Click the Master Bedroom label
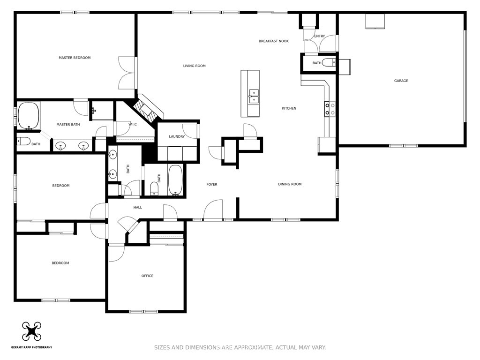[75, 58]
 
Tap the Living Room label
[195, 66]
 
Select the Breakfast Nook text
[274, 41]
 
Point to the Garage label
[401, 81]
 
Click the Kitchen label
[289, 108]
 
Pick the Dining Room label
[290, 184]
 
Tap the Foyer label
[212, 185]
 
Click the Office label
[147, 276]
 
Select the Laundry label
[177, 136]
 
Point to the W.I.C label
[133, 124]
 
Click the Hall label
[138, 208]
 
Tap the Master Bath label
[68, 125]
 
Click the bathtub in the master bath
[29, 116]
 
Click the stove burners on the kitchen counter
[330, 109]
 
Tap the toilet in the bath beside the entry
[330, 63]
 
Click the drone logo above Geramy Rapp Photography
[31, 331]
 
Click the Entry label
[320, 36]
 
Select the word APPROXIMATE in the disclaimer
[253, 347]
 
